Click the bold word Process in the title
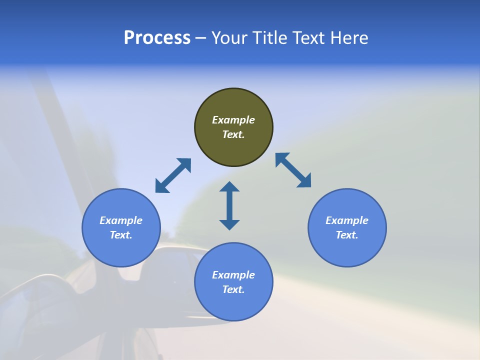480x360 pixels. click(157, 38)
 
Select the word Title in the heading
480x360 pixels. click(268, 38)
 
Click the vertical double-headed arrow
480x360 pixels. click(229, 206)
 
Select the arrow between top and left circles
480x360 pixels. click(173, 175)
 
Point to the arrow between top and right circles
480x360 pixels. click(293, 170)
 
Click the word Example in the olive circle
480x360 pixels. click(233, 120)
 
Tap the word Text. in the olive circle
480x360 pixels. click(233, 134)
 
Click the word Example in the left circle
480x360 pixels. click(121, 220)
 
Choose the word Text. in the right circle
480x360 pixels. click(347, 235)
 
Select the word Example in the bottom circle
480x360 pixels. click(233, 275)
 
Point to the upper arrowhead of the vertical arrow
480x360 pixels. click(229, 186)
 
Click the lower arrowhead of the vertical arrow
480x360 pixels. click(229, 224)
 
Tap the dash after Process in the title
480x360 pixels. click(200, 38)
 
